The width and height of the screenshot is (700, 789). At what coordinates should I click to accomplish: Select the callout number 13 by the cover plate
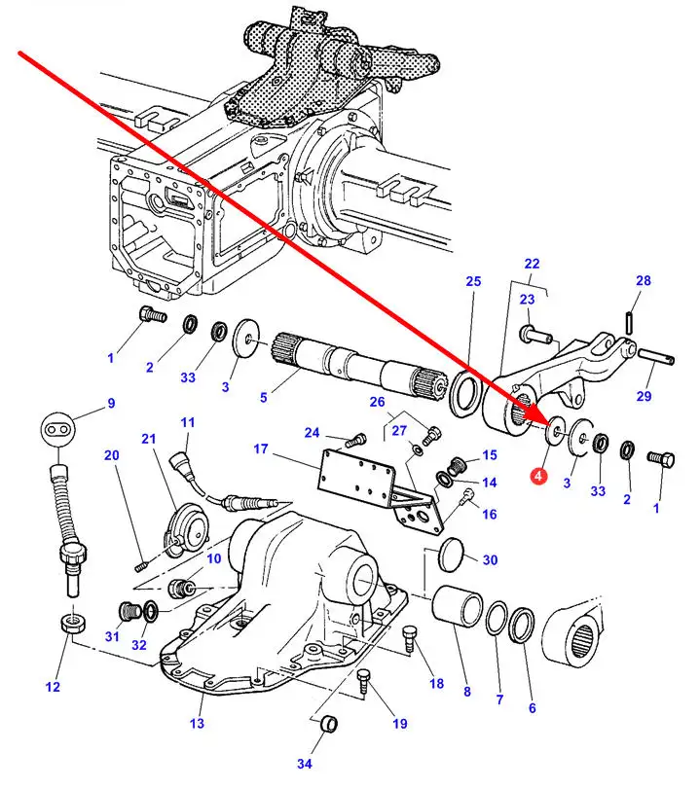(x=197, y=723)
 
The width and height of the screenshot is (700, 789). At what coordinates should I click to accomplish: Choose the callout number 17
(x=260, y=448)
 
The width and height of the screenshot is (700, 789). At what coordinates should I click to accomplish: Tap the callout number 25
(x=473, y=281)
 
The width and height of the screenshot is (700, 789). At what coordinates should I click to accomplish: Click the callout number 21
(x=149, y=439)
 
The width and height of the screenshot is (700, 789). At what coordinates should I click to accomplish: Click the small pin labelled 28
(x=630, y=318)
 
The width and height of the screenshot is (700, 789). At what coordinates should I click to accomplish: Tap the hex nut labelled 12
(x=71, y=624)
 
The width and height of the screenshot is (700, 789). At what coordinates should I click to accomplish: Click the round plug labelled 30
(x=449, y=558)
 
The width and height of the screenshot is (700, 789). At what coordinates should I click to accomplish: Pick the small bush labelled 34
(x=329, y=724)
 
